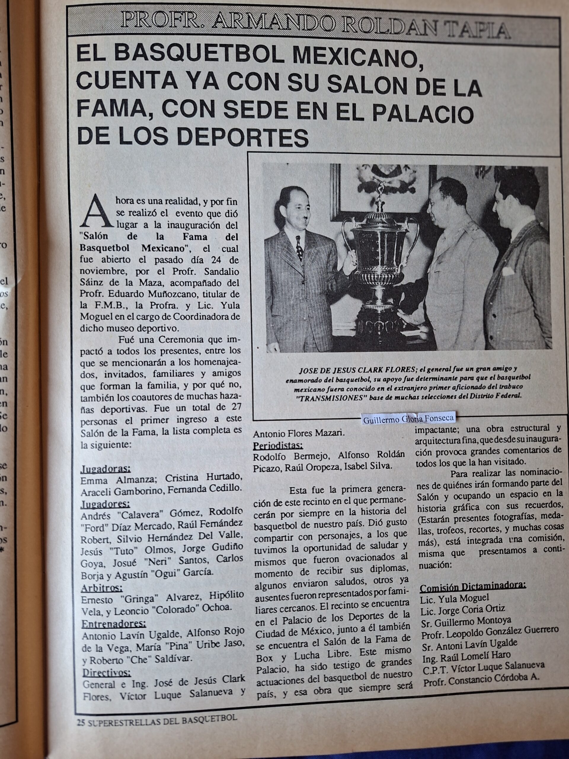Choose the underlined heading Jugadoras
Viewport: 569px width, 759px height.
pos(105,469)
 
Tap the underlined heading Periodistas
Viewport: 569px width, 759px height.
pos(278,445)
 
